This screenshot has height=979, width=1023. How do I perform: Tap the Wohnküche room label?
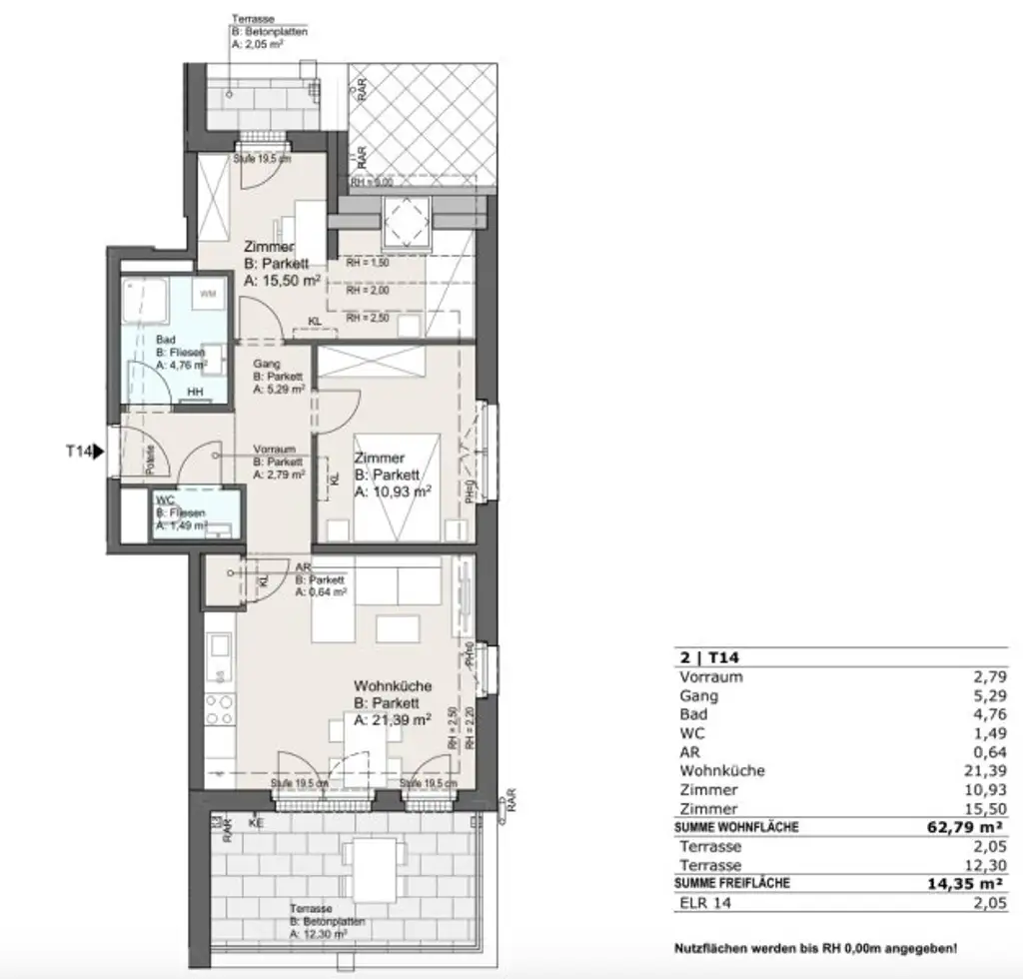coord(393,686)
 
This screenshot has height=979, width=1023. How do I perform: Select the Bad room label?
coord(165,340)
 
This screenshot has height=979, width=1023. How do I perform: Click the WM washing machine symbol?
coord(208,294)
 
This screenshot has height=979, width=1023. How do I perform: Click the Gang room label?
coord(267,364)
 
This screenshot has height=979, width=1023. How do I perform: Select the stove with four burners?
coord(220,710)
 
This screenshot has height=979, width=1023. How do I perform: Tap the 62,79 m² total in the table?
coord(963,827)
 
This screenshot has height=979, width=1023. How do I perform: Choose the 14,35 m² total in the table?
coord(963,883)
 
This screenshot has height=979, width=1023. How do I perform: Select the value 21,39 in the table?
coord(987,771)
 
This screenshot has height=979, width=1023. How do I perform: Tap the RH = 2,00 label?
coord(368,293)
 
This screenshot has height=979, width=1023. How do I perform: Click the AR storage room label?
coord(304,566)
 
